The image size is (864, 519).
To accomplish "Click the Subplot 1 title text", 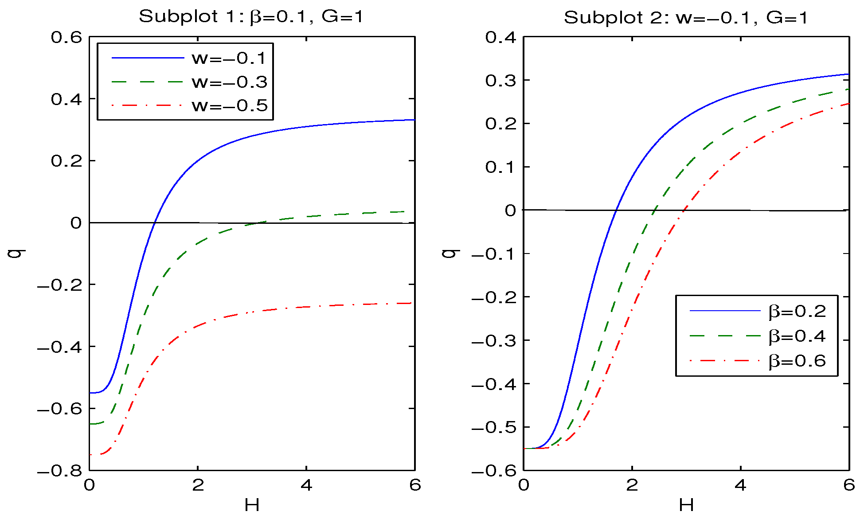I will (251, 17).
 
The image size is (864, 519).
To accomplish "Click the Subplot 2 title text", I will (685, 18).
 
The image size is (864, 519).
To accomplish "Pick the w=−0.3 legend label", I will (229, 82).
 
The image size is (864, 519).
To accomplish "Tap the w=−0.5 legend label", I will (229, 105).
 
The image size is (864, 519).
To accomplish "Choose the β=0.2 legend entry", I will (797, 312).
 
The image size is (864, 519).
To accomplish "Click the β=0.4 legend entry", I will (797, 336).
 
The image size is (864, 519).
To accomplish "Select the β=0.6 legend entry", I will (797, 361).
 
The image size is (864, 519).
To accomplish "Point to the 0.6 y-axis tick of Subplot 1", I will (66, 37).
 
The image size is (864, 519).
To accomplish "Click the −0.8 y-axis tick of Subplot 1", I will (59, 471).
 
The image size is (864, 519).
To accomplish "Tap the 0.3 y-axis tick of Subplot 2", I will (501, 81).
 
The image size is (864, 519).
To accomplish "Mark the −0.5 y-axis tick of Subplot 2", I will (494, 428).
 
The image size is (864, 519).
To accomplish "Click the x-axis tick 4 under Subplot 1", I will (306, 485).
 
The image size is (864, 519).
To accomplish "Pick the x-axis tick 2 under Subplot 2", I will (632, 485).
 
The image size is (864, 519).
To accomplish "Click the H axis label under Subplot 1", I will (252, 505).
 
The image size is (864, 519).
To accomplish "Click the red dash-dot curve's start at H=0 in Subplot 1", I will (90, 455).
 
